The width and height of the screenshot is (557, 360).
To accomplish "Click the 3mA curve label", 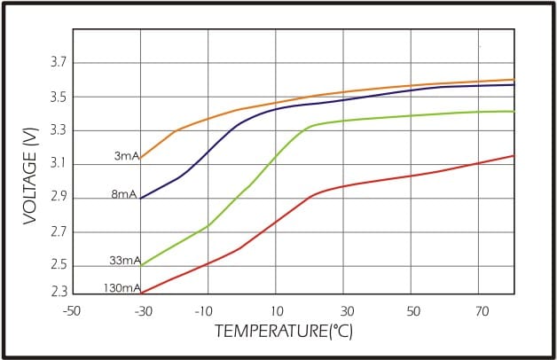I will click(126, 157).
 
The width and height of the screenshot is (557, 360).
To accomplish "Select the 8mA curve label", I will click(124, 194).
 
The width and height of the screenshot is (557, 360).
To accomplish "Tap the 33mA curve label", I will click(125, 261).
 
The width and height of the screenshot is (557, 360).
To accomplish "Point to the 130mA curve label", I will click(122, 288).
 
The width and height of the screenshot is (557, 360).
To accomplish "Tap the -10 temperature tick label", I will click(207, 312).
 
